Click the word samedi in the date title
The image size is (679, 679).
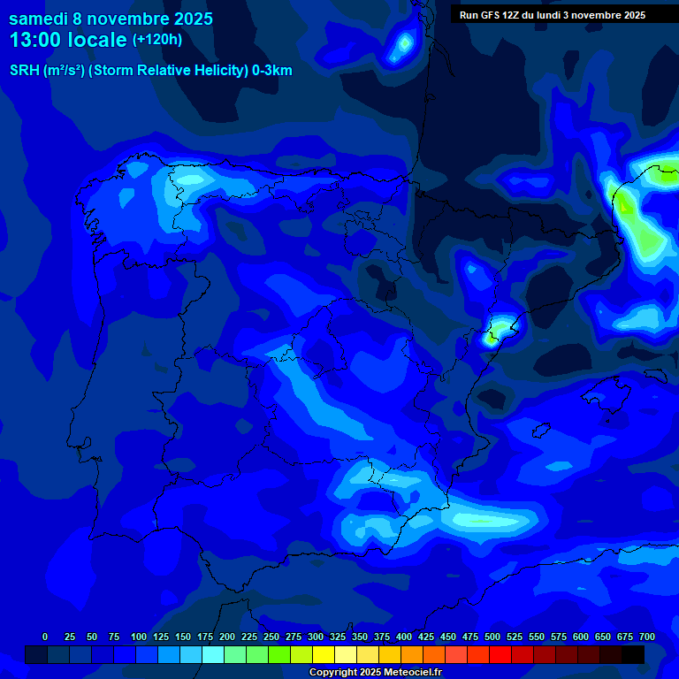click(38, 19)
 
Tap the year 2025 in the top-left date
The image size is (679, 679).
click(187, 19)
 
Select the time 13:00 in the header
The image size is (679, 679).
click(36, 40)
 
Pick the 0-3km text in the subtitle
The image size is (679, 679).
click(271, 71)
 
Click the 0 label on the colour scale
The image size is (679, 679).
click(45, 637)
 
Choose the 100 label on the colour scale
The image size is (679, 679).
click(139, 637)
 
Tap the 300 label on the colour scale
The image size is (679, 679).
click(316, 637)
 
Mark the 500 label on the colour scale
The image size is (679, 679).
click(492, 637)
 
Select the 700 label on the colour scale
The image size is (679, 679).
click(647, 637)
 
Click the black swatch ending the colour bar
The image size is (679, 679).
click(633, 654)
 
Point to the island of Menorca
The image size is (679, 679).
click(655, 375)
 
